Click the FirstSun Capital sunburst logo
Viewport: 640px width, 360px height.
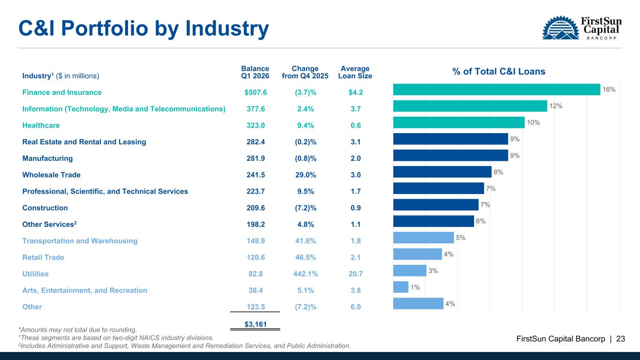click(x=560, y=28)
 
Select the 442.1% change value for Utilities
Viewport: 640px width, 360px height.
click(x=305, y=274)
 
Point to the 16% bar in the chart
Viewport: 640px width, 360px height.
click(x=497, y=89)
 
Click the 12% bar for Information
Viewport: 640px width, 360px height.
click(x=470, y=106)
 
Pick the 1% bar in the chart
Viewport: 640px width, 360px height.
click(x=401, y=287)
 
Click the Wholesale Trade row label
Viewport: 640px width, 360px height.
click(x=52, y=175)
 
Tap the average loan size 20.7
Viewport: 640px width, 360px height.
click(x=355, y=274)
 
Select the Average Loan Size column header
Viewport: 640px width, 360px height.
click(x=355, y=72)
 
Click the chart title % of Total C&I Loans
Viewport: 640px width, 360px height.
click(x=499, y=72)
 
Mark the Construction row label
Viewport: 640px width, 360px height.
click(x=45, y=208)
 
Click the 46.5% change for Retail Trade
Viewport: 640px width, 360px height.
click(x=305, y=257)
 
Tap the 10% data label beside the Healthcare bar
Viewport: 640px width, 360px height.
click(x=533, y=123)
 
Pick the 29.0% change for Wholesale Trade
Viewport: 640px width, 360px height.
click(x=305, y=175)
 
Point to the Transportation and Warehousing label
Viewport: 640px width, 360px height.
click(x=80, y=241)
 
